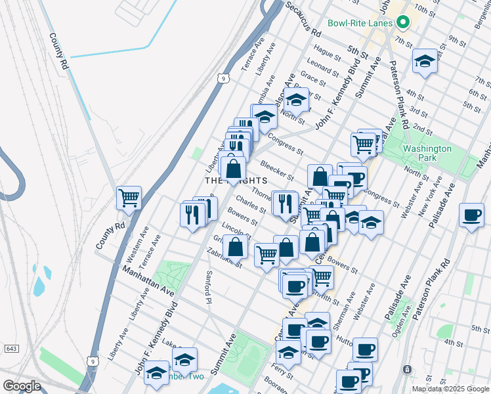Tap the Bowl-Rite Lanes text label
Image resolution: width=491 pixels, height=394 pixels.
[x=361, y=23]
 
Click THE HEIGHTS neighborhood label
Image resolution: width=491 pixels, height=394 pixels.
[x=236, y=180]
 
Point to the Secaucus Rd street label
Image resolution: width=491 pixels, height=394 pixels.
[x=304, y=20]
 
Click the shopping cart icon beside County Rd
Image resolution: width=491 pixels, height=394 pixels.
[x=129, y=197]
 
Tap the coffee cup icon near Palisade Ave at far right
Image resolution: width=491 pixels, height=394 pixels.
[x=471, y=215]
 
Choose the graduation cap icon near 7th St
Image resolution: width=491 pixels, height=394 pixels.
[x=425, y=62]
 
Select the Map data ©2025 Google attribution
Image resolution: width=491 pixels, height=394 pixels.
[x=450, y=389]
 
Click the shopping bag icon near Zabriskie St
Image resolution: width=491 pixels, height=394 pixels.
[x=235, y=247]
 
